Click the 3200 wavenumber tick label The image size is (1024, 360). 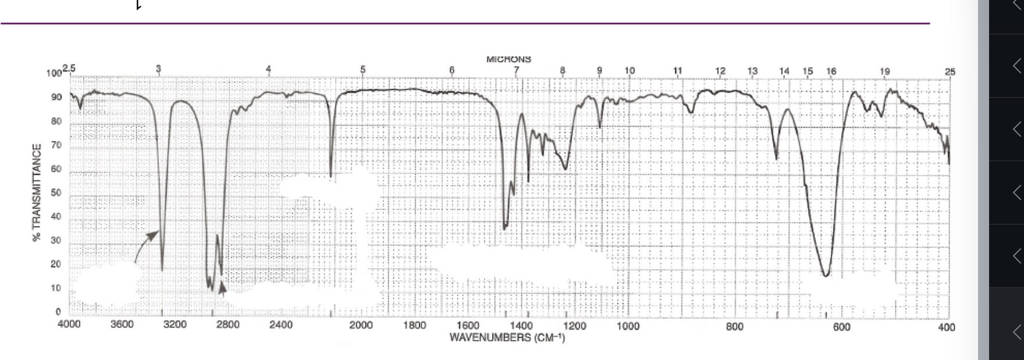coord(175,325)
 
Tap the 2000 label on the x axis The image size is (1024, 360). coord(361,325)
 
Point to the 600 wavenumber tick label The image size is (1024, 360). coord(841,327)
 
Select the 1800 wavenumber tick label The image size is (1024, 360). coord(414,325)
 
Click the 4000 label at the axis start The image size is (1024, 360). coord(69,325)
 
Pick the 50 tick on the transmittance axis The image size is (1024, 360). coord(56,193)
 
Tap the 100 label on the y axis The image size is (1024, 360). coord(54,74)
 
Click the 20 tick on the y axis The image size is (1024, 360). coord(56,265)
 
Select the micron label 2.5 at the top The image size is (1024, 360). coord(69,69)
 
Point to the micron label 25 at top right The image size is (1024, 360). coord(950,72)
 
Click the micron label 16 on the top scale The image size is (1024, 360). coord(830,71)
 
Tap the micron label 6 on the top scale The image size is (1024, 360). coord(451,70)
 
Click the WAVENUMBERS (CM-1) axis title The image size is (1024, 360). coord(507,337)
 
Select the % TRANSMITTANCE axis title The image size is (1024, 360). coord(37,193)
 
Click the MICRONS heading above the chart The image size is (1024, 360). coord(509,59)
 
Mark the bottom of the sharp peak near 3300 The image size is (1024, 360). coord(162,270)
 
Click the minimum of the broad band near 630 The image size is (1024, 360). coord(826,275)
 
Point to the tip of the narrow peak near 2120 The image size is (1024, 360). coord(330,176)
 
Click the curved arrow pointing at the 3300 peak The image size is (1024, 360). coord(145,244)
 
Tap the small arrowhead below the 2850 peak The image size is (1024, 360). coord(222,289)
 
